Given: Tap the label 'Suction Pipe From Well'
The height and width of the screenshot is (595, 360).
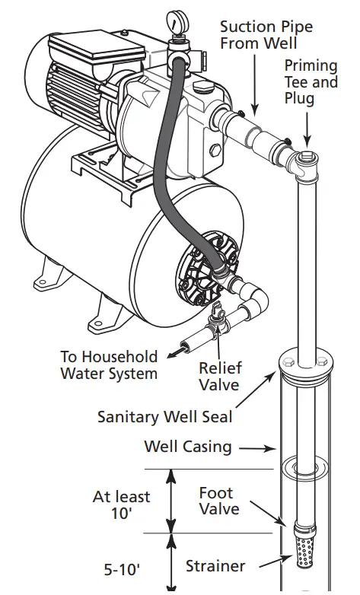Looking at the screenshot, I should pyautogui.click(x=266, y=35).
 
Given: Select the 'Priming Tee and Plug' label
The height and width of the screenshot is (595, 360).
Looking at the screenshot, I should pyautogui.click(x=311, y=81).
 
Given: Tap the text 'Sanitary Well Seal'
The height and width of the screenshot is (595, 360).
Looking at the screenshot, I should pyautogui.click(x=164, y=416).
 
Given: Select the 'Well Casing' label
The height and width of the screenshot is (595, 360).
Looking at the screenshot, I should pyautogui.click(x=187, y=446).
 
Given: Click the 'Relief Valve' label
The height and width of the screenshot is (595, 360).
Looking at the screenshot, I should pyautogui.click(x=220, y=376).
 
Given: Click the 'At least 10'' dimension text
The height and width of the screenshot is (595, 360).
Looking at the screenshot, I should pyautogui.click(x=122, y=505).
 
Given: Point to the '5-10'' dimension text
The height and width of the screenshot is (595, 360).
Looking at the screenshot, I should pyautogui.click(x=123, y=568).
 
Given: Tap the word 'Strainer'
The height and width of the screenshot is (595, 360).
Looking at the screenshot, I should pyautogui.click(x=215, y=566).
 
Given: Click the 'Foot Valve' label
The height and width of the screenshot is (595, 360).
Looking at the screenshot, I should pyautogui.click(x=219, y=501).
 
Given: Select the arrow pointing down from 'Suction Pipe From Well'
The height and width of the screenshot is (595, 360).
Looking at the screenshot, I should pyautogui.click(x=252, y=84).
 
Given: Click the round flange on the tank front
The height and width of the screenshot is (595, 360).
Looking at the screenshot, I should pyautogui.click(x=201, y=269).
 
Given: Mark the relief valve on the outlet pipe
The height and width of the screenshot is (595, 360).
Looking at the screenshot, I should pyautogui.click(x=218, y=320).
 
